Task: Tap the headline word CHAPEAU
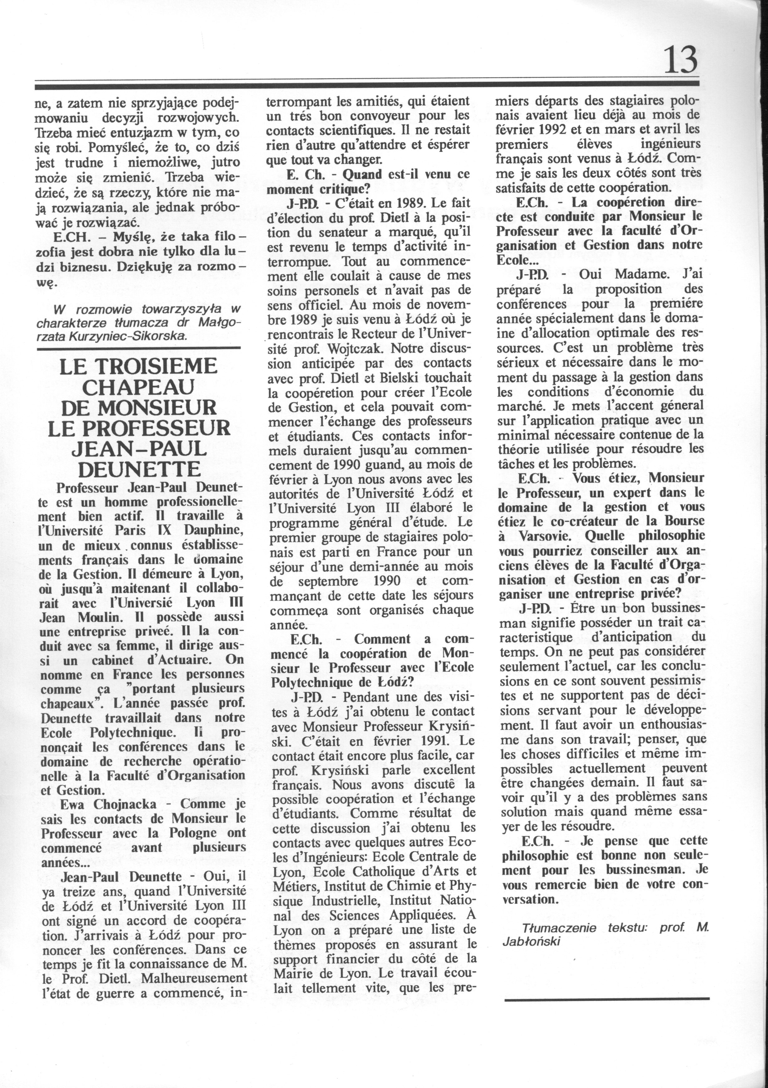pyautogui.click(x=138, y=387)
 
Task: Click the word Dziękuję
pyautogui.click(x=146, y=267)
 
